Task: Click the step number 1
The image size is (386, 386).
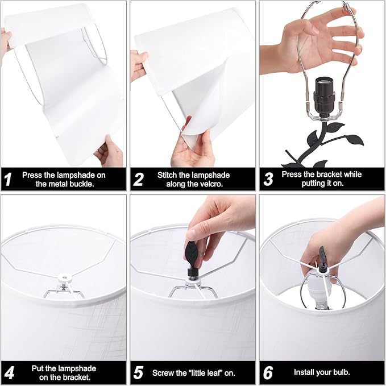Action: [8, 179]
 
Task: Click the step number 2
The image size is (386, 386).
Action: [138, 179]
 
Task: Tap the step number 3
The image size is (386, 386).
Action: [268, 179]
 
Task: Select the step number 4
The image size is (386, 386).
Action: [9, 373]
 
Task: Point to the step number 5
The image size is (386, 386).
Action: [138, 373]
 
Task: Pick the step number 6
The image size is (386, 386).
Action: [268, 373]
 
